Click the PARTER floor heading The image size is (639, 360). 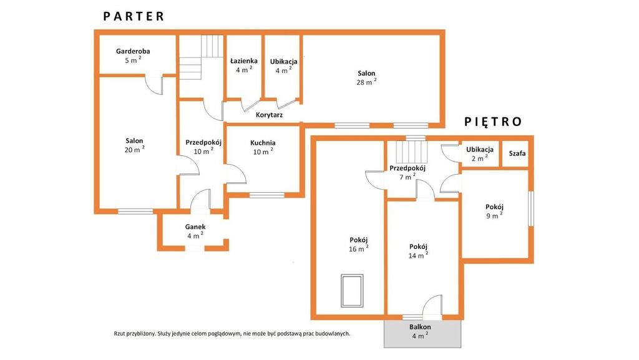pos(134,16)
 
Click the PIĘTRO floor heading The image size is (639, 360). pos(493,122)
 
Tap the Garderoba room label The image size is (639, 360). pos(133,51)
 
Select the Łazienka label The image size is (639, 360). pos(244,61)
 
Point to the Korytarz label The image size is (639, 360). pos(269,115)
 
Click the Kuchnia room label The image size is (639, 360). pos(263,143)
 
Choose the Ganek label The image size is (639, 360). pos(195,227)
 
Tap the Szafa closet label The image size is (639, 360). pos(517,153)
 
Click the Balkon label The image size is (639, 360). pos(420,327)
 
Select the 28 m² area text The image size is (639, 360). pos(366,82)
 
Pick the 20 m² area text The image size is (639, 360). pos(135,150)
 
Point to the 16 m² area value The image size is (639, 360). pos(359,249)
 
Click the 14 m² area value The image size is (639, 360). pos(418,255)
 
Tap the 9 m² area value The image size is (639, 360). pos(494,215)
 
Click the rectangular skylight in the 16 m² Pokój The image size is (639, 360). pos(352,291)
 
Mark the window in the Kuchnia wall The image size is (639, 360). pos(267,195)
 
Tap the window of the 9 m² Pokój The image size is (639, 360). pos(531,208)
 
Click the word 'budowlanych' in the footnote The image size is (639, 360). pos(335,334)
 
